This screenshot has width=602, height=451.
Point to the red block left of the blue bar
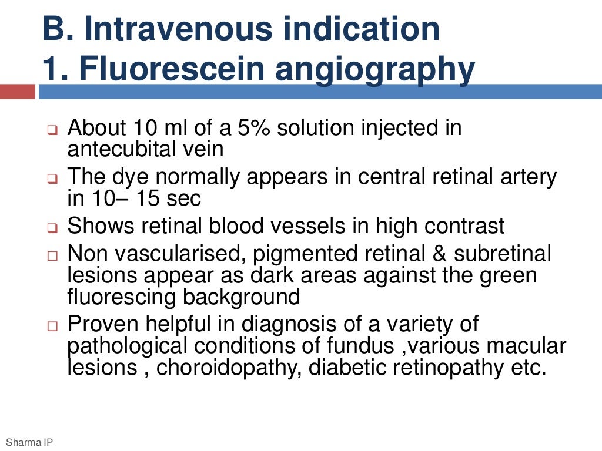coord(18,92)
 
